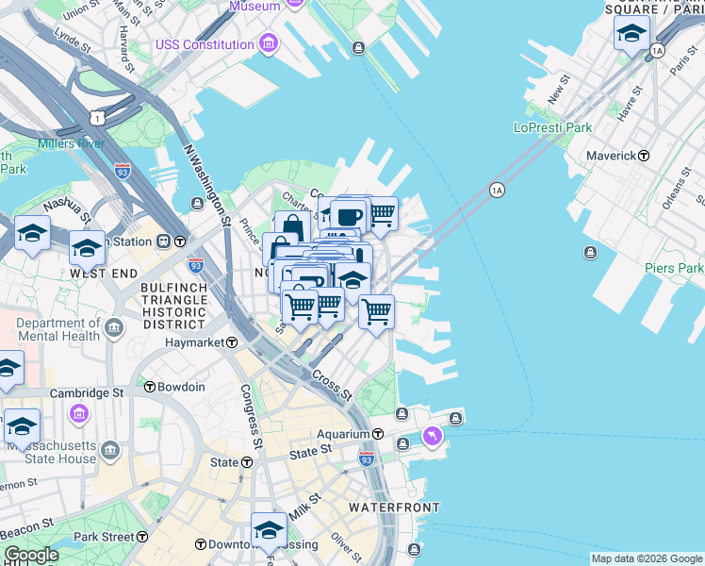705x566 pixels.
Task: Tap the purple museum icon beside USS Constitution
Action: coord(270,43)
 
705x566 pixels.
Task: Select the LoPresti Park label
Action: coord(552,127)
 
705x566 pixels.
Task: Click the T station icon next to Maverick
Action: coord(644,155)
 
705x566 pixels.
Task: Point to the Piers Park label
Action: coord(674,269)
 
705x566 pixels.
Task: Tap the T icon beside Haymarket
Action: coord(231,343)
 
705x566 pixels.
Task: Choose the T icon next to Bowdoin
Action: coord(149,387)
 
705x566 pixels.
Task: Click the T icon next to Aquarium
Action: coord(377,434)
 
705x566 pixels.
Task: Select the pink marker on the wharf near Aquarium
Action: coord(432,436)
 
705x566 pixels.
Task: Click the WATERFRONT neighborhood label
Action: coord(393,508)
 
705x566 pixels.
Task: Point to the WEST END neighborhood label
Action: coord(99,273)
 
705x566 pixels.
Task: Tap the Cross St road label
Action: coord(333,382)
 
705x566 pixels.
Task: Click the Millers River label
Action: coord(72,143)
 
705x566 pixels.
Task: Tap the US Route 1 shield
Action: coord(97,116)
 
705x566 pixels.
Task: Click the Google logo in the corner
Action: coord(31,555)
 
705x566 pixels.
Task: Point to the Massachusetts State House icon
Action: coord(110,449)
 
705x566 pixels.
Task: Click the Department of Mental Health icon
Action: coord(115,328)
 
